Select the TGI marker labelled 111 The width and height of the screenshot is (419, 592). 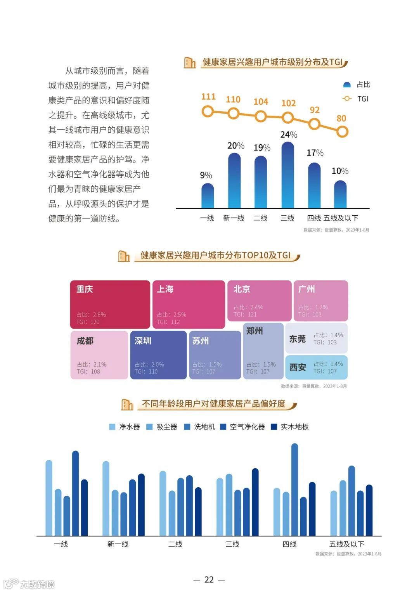click(x=208, y=112)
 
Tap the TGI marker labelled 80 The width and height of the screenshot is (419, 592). click(x=342, y=132)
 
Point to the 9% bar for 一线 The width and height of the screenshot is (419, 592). click(x=208, y=196)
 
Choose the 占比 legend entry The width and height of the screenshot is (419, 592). click(x=357, y=85)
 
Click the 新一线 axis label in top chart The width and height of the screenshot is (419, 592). click(x=234, y=218)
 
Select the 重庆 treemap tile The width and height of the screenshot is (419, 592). click(x=110, y=305)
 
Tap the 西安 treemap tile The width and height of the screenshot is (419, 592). click(x=316, y=367)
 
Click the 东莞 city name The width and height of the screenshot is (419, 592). click(x=298, y=339)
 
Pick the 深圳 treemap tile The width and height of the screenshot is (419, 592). click(x=158, y=355)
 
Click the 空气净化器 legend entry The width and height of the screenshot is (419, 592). click(x=242, y=427)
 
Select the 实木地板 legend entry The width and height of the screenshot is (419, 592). click(x=290, y=427)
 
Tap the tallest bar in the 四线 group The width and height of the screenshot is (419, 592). click(x=294, y=490)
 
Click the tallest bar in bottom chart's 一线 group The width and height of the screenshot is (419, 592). click(x=75, y=493)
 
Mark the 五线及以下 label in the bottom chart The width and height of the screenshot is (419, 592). click(x=346, y=544)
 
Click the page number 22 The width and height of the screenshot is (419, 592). click(x=209, y=580)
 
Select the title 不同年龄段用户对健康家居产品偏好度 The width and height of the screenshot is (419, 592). click(x=213, y=404)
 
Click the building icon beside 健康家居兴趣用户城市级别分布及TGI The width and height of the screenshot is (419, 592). click(x=190, y=62)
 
